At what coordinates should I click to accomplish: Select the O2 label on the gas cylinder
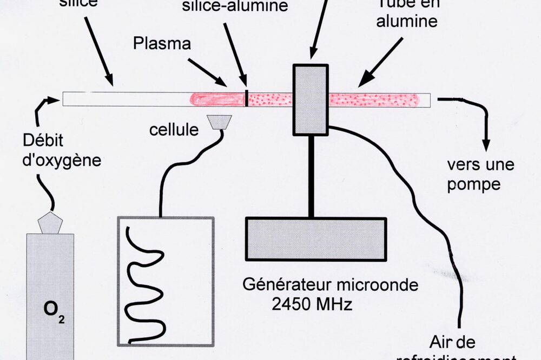(x=50, y=312)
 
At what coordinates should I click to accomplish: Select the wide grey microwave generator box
(x=316, y=238)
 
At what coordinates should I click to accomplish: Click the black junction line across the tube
(x=247, y=98)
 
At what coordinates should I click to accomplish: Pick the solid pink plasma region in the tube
(x=216, y=99)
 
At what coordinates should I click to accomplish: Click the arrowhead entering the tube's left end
(x=54, y=99)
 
